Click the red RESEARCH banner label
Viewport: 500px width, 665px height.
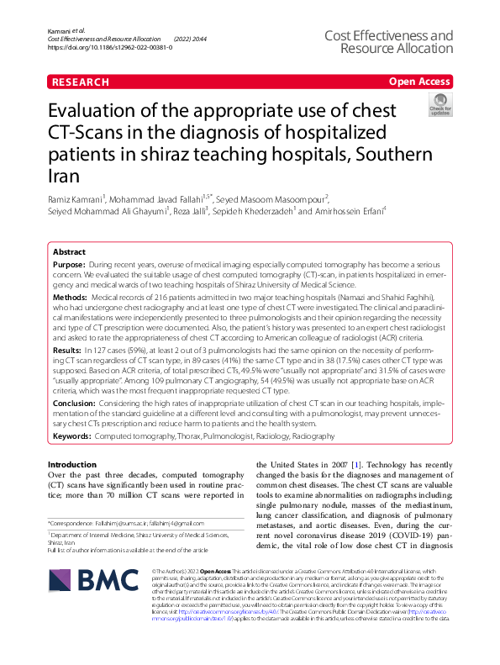pyautogui.click(x=80, y=82)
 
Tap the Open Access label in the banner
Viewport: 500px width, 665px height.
pyautogui.click(x=418, y=82)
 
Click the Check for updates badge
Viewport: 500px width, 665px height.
pyautogui.click(x=439, y=108)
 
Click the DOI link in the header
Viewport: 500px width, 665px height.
pyautogui.click(x=111, y=48)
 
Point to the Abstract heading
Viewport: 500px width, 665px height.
pyautogui.click(x=69, y=251)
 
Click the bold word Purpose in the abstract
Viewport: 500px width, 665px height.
pyautogui.click(x=70, y=264)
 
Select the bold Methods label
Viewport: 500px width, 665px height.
pyautogui.click(x=71, y=298)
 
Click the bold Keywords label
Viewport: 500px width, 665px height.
pyautogui.click(x=72, y=436)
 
